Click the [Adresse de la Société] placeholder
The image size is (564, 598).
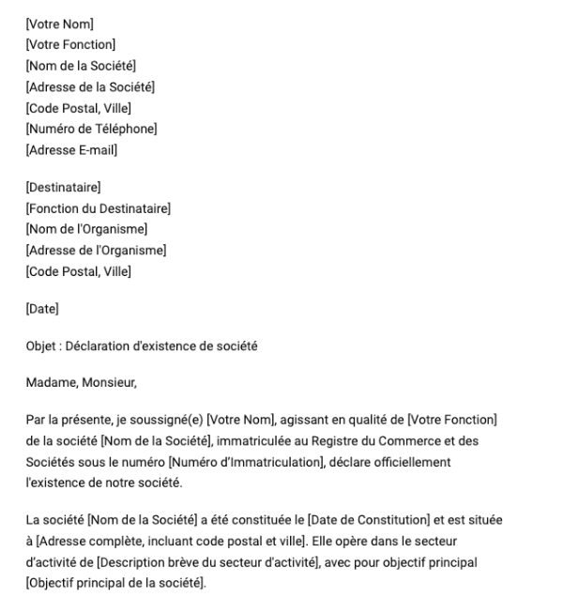90,87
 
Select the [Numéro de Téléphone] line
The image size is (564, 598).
91,129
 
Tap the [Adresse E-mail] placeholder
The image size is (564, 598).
71,149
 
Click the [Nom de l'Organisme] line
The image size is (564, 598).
86,229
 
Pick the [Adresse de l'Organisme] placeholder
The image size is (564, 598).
96,250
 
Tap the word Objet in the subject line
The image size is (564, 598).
41,345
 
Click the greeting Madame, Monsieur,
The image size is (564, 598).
76,382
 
